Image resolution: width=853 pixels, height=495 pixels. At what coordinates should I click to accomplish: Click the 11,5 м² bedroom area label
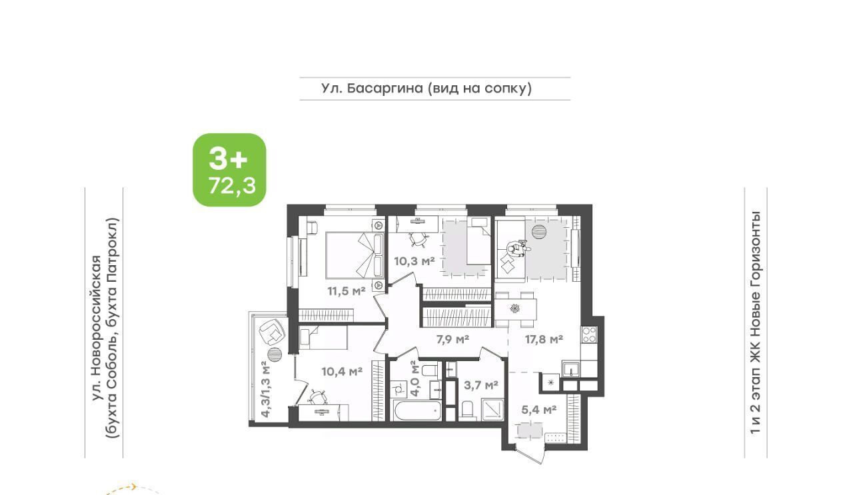tap(347, 291)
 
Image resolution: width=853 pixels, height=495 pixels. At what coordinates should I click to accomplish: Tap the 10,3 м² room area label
tap(415, 261)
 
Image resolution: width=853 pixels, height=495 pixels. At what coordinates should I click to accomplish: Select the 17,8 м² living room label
tap(544, 339)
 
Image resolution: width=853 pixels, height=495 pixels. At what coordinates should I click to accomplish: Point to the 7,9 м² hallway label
tap(452, 339)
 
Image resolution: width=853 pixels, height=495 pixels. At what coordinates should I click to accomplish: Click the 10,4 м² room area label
tap(342, 371)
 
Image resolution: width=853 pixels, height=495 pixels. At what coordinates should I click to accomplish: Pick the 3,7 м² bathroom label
tap(481, 385)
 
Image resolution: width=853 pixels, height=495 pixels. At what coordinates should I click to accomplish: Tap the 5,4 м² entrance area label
tap(539, 410)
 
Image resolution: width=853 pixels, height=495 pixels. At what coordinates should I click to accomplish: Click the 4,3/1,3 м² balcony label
tap(266, 389)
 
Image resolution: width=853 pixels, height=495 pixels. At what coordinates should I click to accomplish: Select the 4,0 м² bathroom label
tap(415, 381)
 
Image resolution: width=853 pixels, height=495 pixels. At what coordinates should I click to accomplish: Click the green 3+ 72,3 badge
tap(229, 170)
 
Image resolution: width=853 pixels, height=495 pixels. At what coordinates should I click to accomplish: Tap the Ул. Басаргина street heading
tap(426, 89)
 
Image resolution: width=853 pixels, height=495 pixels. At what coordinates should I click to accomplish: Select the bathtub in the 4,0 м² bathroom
tap(417, 410)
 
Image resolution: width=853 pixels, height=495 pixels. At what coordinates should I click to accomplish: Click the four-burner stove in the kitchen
tap(589, 334)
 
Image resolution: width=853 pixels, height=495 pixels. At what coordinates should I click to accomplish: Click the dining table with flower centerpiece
tap(516, 309)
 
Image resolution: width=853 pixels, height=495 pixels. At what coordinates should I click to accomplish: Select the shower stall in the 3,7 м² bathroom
tap(492, 409)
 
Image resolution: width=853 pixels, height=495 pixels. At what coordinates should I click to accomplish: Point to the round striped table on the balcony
tap(275, 355)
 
